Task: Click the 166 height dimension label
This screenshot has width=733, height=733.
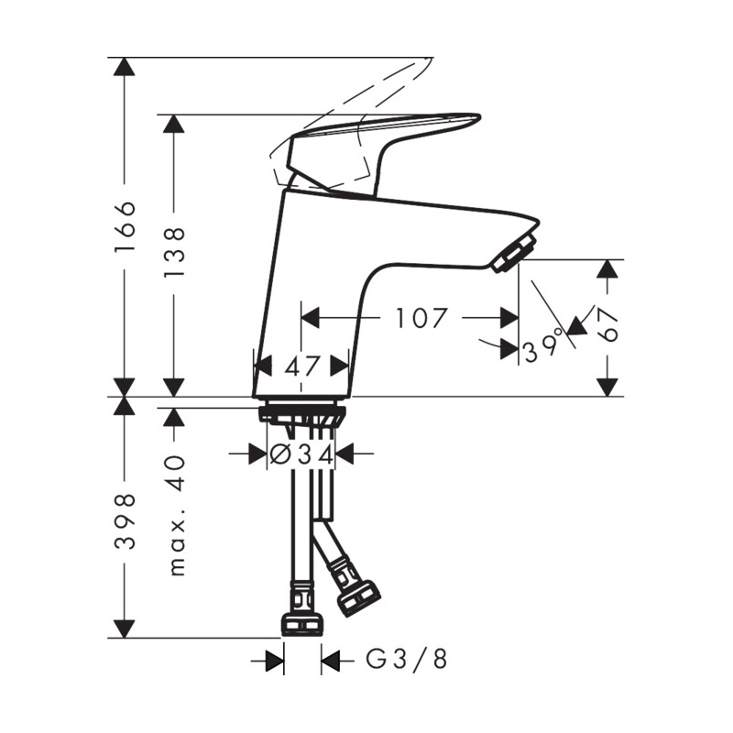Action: pos(126,226)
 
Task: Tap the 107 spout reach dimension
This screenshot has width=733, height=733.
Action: pos(422,318)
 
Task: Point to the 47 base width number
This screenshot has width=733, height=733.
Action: pos(301,366)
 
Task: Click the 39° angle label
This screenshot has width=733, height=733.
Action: pos(542,350)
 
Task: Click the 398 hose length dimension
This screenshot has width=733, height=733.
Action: pos(126,520)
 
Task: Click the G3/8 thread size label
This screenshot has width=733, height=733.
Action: pos(407,659)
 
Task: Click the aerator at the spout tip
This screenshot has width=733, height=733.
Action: pos(513,254)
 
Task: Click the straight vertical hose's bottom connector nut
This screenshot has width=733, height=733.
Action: pos(301,623)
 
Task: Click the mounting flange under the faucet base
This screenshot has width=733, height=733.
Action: pos(301,413)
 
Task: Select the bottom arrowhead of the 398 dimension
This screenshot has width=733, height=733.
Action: pos(126,628)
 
